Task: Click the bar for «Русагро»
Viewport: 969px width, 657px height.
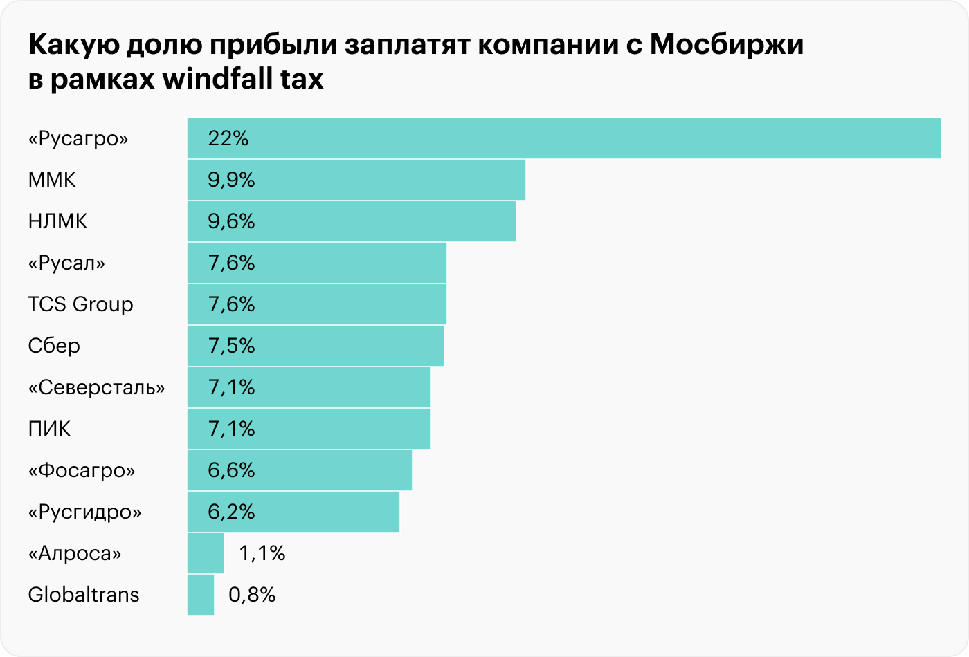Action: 563,138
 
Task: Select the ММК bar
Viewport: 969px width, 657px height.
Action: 356,180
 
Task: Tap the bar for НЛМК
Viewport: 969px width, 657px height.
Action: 351,221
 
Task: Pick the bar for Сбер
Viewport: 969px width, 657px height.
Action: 315,346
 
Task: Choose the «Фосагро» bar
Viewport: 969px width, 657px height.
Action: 299,470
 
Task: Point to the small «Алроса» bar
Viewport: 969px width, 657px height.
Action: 206,553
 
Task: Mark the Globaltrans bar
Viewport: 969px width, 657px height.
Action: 201,595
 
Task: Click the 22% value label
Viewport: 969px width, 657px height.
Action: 228,138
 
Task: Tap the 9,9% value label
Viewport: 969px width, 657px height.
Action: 231,180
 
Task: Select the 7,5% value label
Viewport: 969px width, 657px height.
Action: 231,346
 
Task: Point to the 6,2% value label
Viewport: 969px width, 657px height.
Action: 231,512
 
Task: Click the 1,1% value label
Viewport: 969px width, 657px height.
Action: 262,553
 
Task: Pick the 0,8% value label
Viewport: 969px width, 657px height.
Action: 252,595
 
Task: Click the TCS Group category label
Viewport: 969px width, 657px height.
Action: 80,304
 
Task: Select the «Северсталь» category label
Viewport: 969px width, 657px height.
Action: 96,387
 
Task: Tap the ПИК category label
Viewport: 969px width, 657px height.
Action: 49,429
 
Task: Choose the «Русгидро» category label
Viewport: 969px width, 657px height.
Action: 84,512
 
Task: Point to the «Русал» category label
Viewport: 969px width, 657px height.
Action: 66,263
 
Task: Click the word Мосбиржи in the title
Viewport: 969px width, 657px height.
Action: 727,46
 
